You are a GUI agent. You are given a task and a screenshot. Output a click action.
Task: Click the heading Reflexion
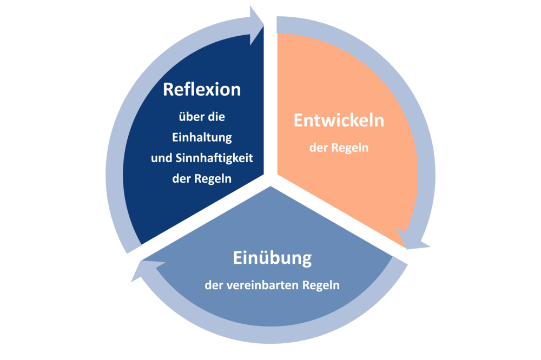[x=202, y=89]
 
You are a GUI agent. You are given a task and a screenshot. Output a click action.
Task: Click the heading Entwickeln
[x=339, y=121]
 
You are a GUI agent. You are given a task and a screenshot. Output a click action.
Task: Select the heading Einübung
[x=272, y=258]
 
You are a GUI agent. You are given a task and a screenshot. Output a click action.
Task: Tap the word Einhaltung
[x=202, y=137]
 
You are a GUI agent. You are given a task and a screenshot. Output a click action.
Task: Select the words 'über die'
[x=202, y=117]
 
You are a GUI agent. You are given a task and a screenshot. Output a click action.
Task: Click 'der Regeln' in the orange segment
[x=339, y=147]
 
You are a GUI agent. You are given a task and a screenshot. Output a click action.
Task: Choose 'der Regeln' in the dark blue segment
[x=202, y=179]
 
